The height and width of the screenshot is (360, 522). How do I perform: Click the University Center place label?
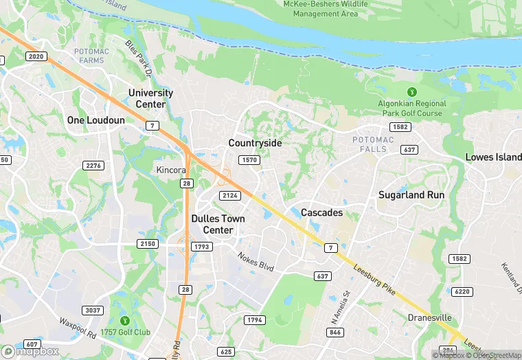pos(150,98)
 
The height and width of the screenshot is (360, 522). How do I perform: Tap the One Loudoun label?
pos(96,120)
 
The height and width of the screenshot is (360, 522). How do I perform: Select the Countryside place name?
pos(255,143)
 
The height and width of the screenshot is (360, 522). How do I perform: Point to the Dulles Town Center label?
pos(217,224)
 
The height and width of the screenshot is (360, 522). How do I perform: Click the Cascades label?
pos(321,213)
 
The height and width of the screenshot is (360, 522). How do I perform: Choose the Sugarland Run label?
pos(411,195)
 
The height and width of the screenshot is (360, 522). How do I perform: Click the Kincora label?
pos(171,169)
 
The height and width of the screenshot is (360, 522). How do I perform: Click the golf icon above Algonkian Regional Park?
pos(412,91)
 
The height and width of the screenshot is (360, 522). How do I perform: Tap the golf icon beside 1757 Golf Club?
pos(124,321)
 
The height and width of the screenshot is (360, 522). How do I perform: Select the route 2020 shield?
pos(36,56)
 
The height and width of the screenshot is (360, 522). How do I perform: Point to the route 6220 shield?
pos(462,292)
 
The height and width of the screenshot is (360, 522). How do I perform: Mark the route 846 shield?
pos(335,333)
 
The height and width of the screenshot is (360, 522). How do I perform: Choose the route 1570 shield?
pos(249,160)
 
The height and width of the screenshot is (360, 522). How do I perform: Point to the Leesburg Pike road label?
pos(374,281)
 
